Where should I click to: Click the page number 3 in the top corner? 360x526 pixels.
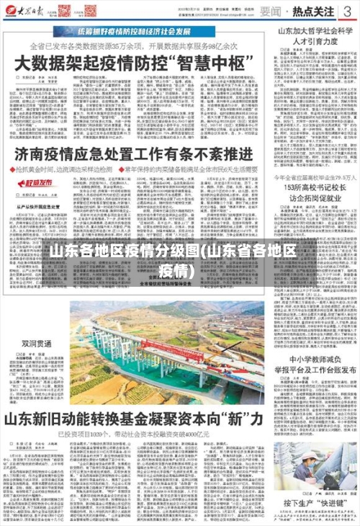pos(346,11)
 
